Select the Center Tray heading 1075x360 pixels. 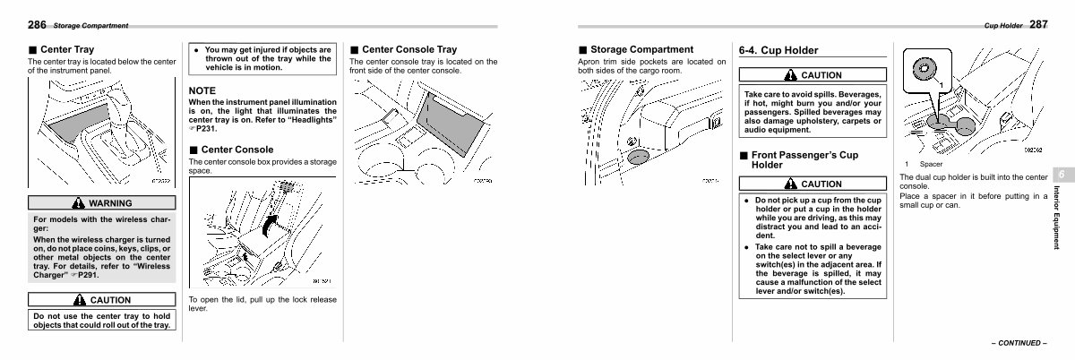click(x=67, y=50)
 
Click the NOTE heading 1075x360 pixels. click(x=202, y=90)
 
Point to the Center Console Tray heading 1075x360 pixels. click(x=408, y=50)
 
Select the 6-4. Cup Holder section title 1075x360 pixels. click(x=778, y=51)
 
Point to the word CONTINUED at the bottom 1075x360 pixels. click(x=1017, y=342)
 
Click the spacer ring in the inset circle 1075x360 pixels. click(x=924, y=69)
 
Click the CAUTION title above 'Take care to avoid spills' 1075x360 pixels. click(x=813, y=74)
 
